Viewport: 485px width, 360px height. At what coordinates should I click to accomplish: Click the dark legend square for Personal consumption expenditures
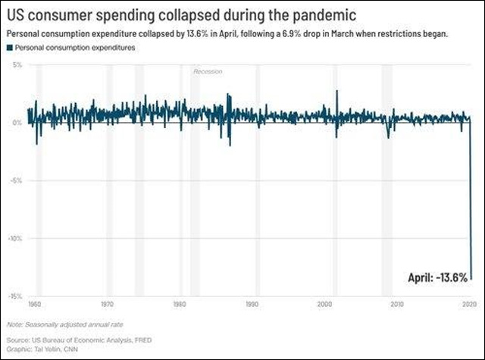[10, 47]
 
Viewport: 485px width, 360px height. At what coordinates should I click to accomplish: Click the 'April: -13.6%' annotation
[434, 277]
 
